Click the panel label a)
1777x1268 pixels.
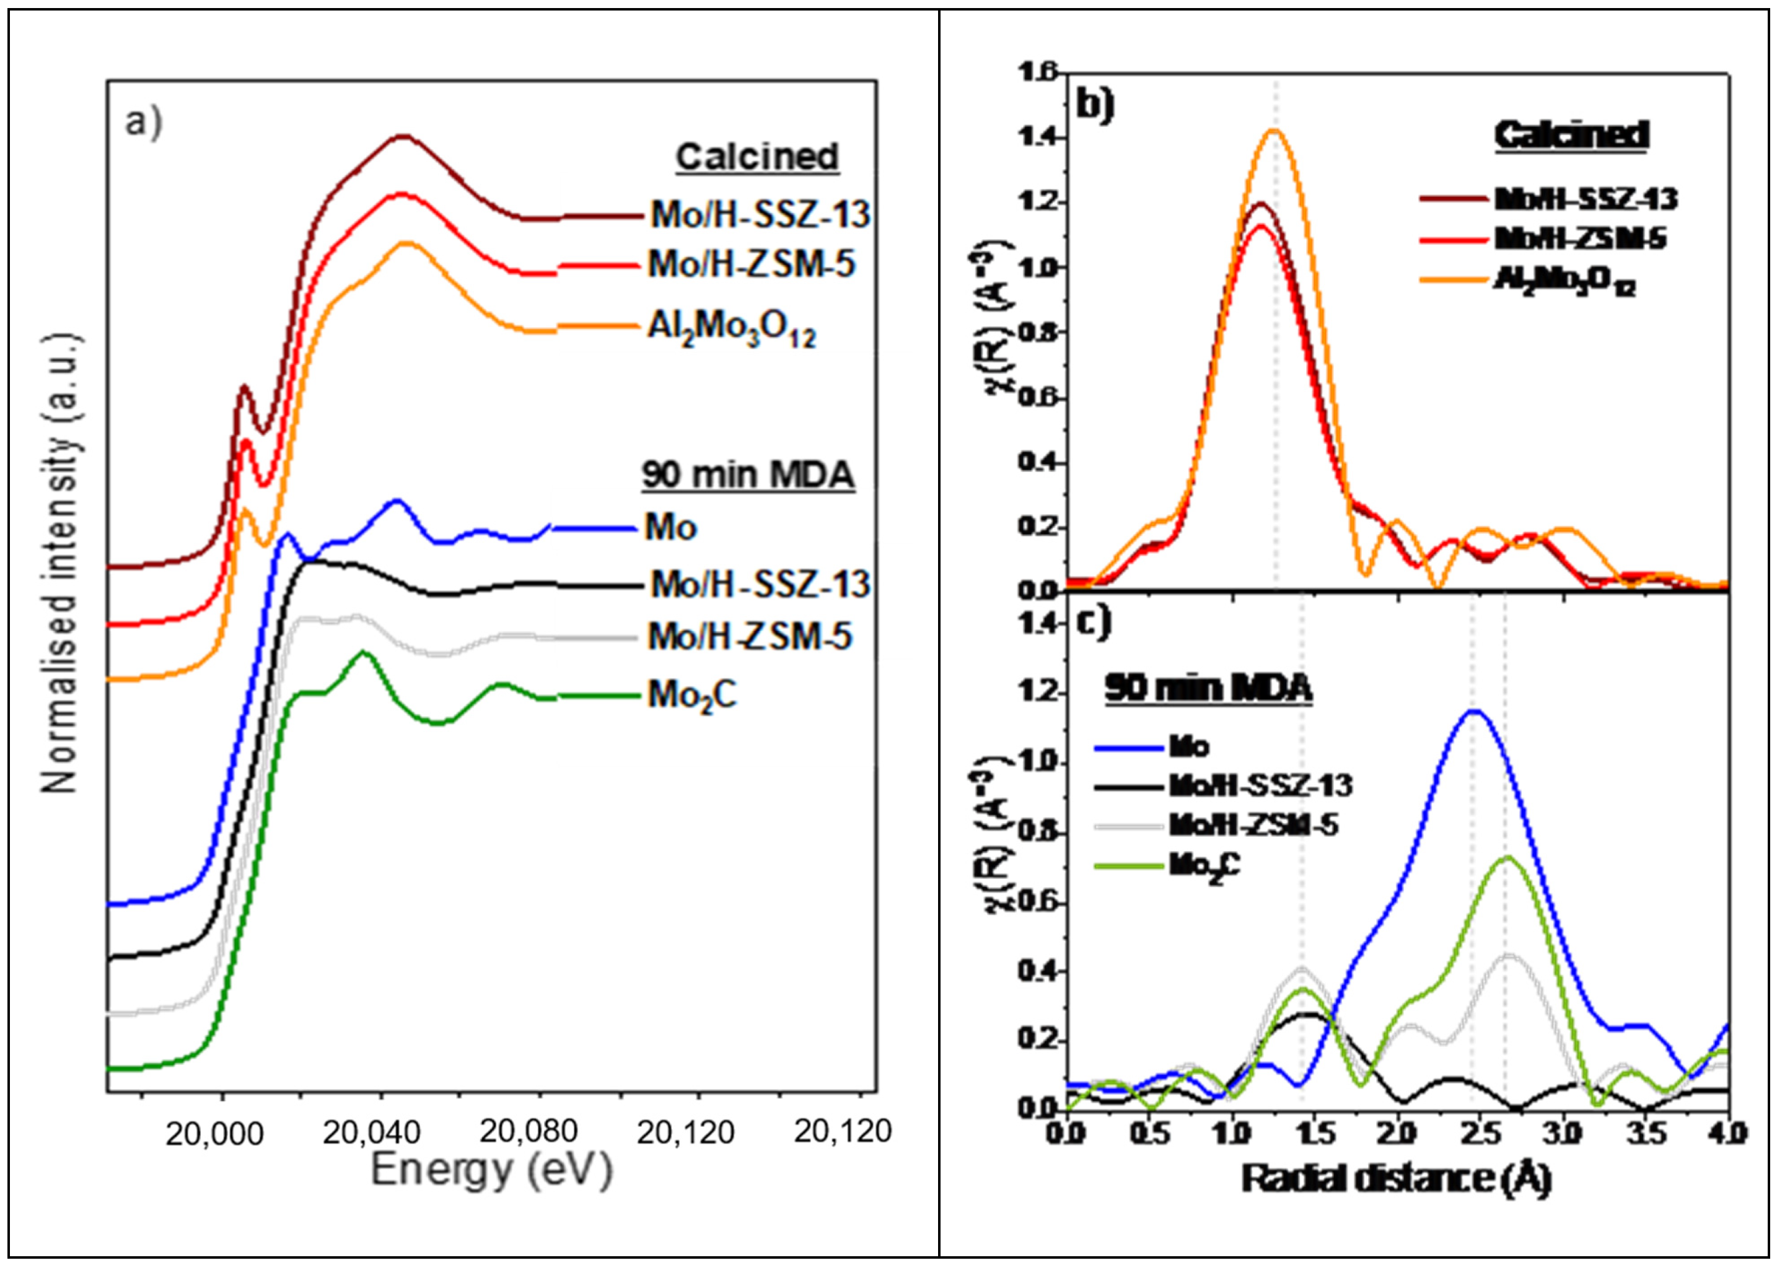tap(144, 123)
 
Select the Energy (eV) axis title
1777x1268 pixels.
tap(491, 1170)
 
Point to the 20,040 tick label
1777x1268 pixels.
tap(372, 1132)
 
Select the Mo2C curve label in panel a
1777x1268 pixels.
tap(691, 695)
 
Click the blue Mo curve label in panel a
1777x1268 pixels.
tap(670, 528)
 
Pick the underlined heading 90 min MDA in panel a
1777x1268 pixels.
tap(747, 474)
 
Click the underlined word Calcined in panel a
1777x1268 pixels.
tap(757, 157)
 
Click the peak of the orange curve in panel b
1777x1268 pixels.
tap(1274, 130)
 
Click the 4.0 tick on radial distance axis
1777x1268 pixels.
tap(1727, 1132)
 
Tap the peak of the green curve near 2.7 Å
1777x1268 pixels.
tap(1507, 857)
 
